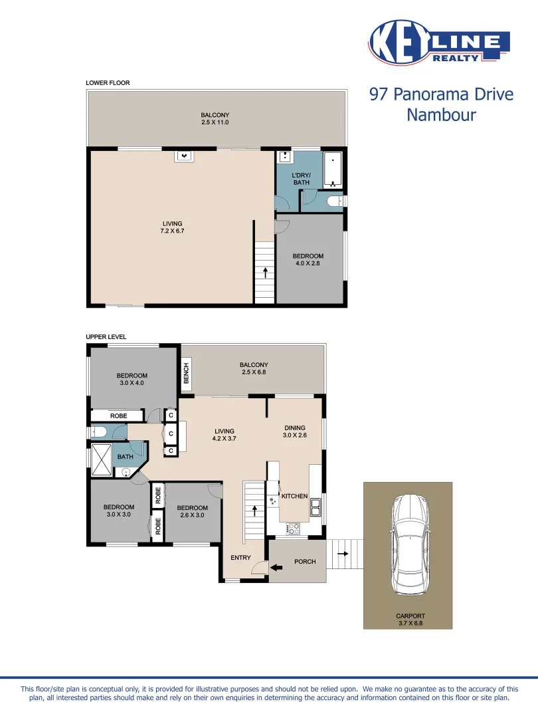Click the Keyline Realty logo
pyautogui.click(x=438, y=43)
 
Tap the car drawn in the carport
pyautogui.click(x=407, y=545)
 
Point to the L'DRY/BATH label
pyautogui.click(x=301, y=178)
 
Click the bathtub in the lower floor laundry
pyautogui.click(x=333, y=170)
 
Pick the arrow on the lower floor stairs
pyautogui.click(x=265, y=271)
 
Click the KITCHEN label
pyautogui.click(x=295, y=497)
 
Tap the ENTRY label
pyautogui.click(x=240, y=557)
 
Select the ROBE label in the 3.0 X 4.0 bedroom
pyautogui.click(x=118, y=416)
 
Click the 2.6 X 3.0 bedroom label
pyautogui.click(x=192, y=512)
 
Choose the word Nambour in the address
pyautogui.click(x=441, y=115)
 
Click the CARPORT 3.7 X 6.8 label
pyautogui.click(x=410, y=620)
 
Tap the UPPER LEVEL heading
pyautogui.click(x=106, y=337)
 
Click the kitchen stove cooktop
pyautogui.click(x=293, y=529)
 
